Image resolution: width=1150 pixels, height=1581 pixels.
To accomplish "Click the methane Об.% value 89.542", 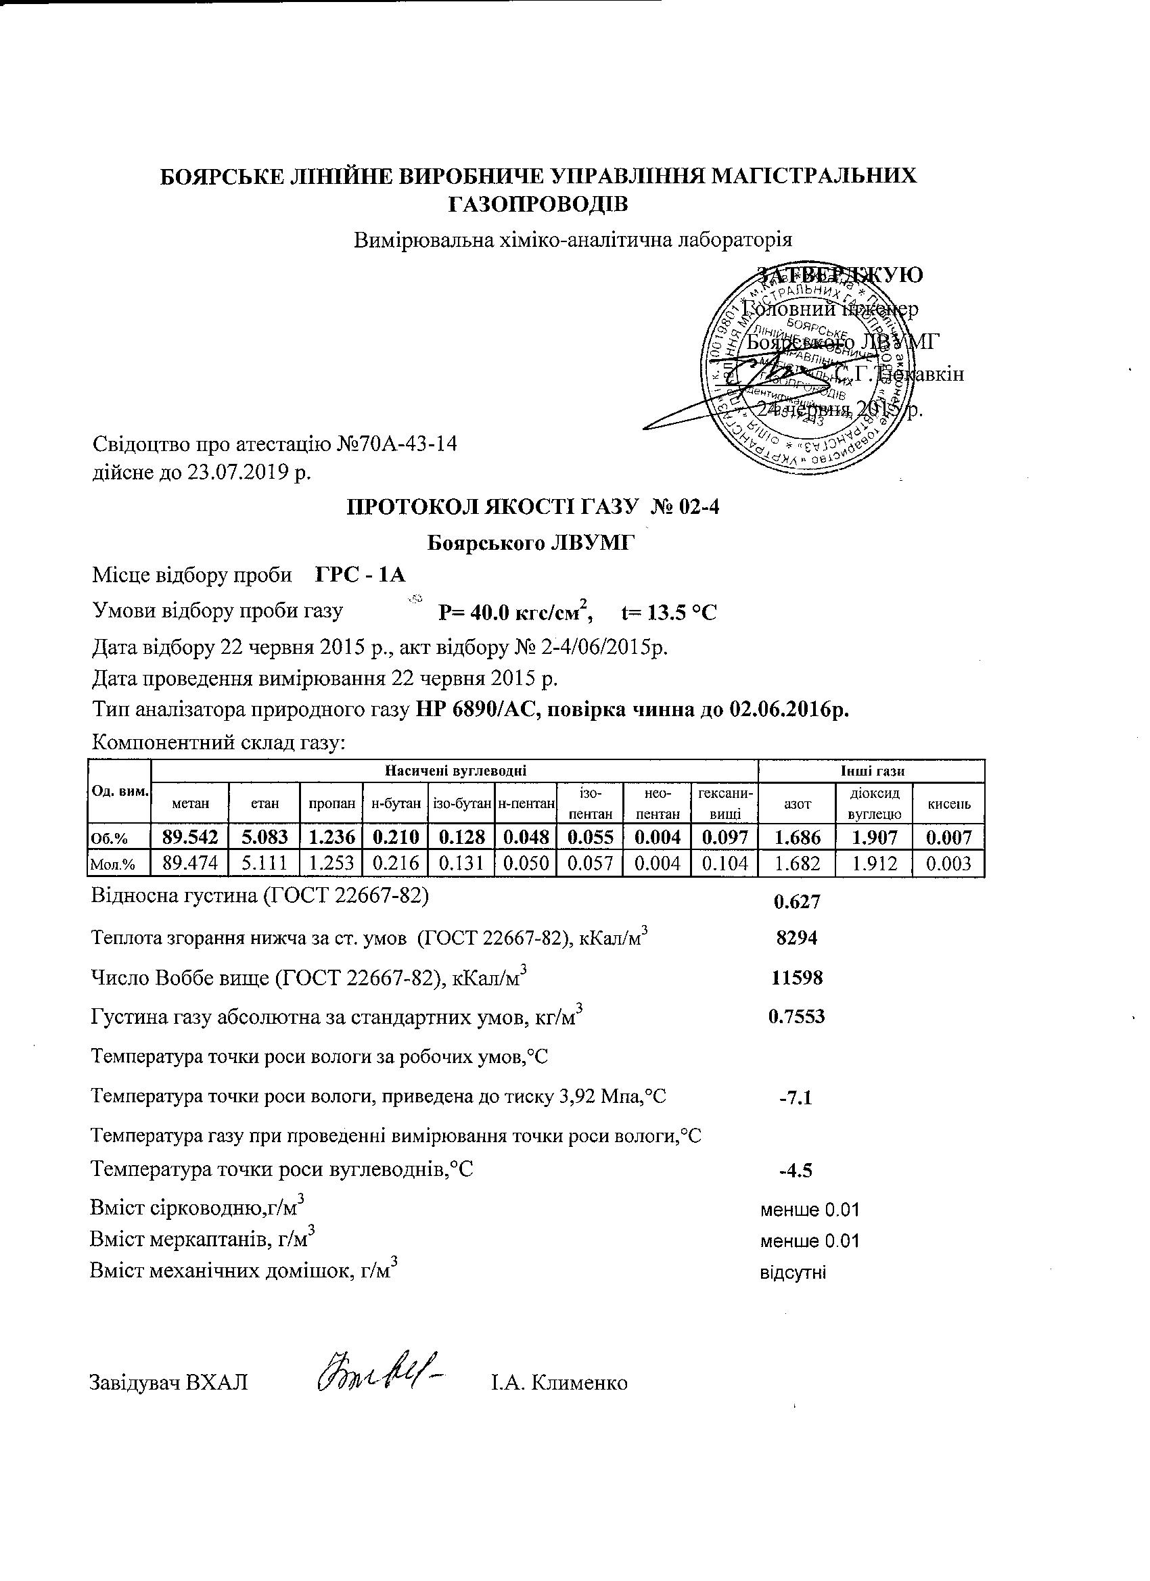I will click(x=189, y=836).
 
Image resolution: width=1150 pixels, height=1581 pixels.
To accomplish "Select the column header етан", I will click(x=265, y=804).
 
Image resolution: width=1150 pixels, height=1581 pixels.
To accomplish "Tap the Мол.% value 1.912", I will click(x=873, y=864).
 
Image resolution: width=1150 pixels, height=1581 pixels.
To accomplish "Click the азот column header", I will click(x=797, y=804).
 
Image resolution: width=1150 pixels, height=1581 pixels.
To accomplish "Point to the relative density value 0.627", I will click(x=797, y=902).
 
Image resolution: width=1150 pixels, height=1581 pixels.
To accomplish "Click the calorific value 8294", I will click(x=797, y=938).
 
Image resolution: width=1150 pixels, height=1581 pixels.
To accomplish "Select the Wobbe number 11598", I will click(x=797, y=977).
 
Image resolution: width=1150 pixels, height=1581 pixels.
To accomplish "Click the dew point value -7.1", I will click(x=796, y=1099).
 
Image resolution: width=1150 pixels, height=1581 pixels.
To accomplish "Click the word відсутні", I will click(x=792, y=1273).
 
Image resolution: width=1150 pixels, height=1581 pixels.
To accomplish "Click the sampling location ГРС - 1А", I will click(x=361, y=575).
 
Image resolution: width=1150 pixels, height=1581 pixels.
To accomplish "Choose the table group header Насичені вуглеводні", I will click(x=455, y=771).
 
